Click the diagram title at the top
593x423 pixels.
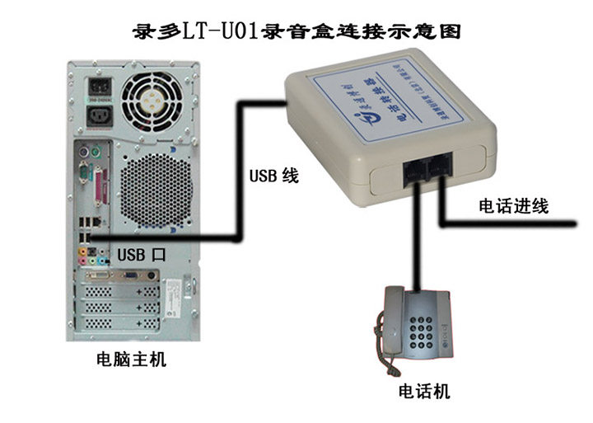(296, 32)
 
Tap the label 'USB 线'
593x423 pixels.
(273, 176)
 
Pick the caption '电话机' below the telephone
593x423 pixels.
(424, 391)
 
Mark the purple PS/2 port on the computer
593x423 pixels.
(82, 153)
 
